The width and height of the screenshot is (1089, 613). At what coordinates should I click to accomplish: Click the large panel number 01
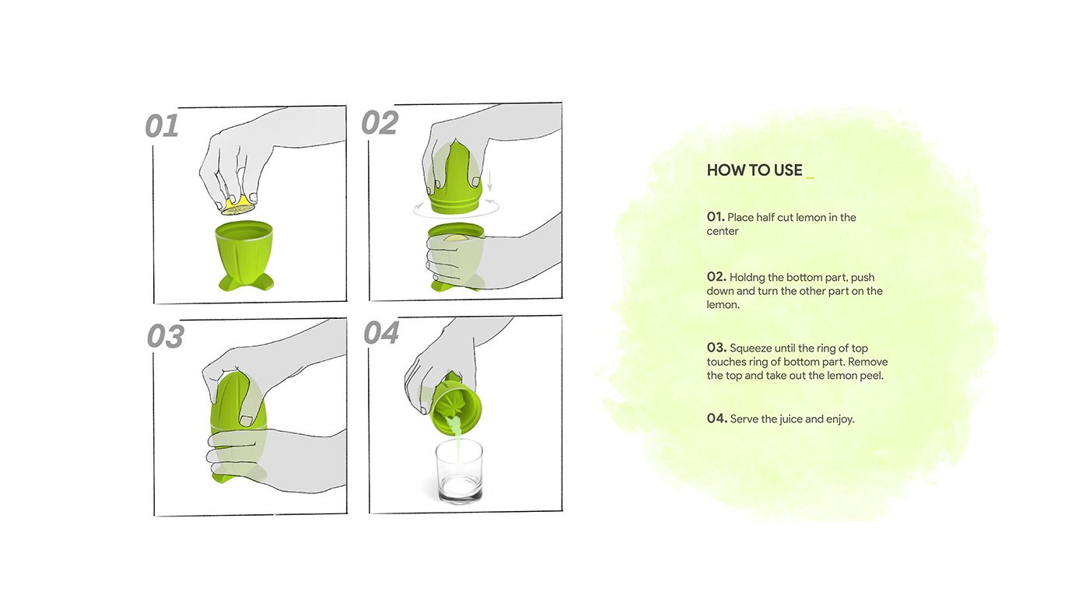click(x=162, y=126)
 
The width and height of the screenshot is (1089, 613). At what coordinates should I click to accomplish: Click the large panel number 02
click(x=380, y=122)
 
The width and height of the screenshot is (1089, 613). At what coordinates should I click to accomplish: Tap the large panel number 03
click(x=165, y=336)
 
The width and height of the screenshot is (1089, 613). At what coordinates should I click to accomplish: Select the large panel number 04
click(x=381, y=332)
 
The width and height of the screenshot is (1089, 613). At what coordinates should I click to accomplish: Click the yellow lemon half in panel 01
click(x=238, y=206)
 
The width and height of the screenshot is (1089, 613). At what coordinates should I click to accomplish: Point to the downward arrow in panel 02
click(x=489, y=180)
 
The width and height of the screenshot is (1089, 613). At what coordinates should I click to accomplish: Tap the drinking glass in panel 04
click(x=459, y=471)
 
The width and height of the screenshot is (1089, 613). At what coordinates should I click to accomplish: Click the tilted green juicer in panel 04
click(x=455, y=405)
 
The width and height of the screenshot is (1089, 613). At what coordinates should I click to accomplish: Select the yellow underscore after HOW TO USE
click(x=810, y=178)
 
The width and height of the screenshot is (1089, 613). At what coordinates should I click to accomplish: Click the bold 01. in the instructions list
click(x=716, y=217)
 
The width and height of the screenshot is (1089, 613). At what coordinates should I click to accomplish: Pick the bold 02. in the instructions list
click(x=716, y=277)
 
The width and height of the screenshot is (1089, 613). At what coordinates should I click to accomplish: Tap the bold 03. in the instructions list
click(x=716, y=348)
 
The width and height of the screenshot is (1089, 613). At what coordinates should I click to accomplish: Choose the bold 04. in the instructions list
click(x=717, y=418)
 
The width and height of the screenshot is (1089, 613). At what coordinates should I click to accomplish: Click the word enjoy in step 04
click(x=840, y=419)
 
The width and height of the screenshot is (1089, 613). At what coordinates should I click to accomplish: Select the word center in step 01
click(x=723, y=231)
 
